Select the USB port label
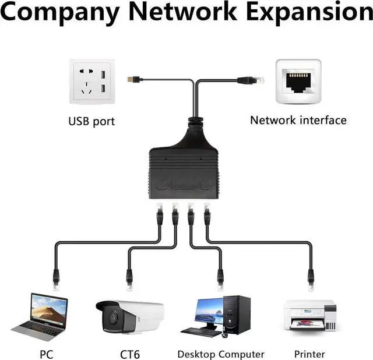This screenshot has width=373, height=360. point(92,122)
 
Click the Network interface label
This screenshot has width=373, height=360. point(298,121)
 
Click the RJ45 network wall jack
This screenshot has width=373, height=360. point(298,81)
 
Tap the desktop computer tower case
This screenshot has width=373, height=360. point(237,315)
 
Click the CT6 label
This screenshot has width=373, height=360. point(130,354)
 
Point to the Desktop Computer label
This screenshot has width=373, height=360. point(221,354)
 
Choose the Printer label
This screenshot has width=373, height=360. point(310,354)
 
